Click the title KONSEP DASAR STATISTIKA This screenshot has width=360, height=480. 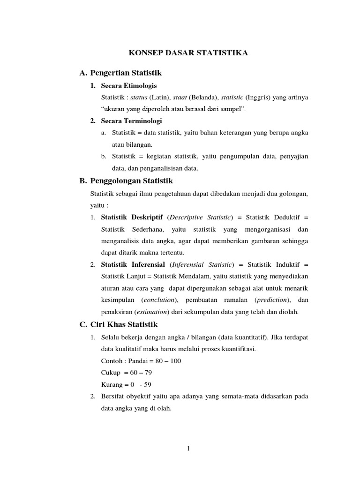point(188,53)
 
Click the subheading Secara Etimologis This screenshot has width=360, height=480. point(129,85)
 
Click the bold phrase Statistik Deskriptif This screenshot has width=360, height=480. point(132,217)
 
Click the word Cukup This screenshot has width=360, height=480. point(111,373)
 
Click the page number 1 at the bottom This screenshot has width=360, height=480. point(188,449)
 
